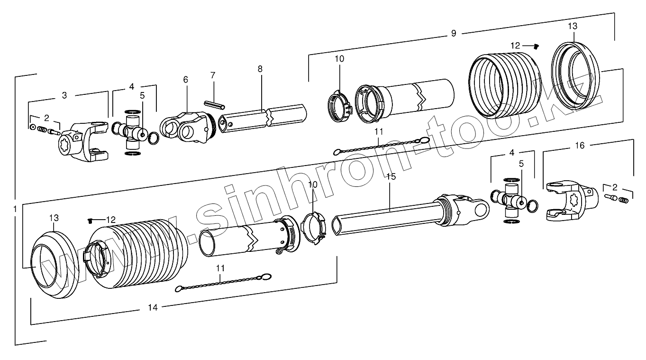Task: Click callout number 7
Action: pyautogui.click(x=213, y=75)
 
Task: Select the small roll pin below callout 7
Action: pyautogui.click(x=214, y=104)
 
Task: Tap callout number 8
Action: pyautogui.click(x=260, y=68)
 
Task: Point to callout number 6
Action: pyautogui.click(x=185, y=79)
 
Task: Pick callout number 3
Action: pyautogui.click(x=64, y=95)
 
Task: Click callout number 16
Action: pyautogui.click(x=580, y=146)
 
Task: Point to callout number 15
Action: pyautogui.click(x=391, y=176)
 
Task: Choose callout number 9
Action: pyautogui.click(x=453, y=33)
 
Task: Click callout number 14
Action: pyautogui.click(x=152, y=307)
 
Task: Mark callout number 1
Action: pyautogui.click(x=15, y=208)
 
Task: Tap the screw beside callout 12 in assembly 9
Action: pyautogui.click(x=537, y=46)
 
